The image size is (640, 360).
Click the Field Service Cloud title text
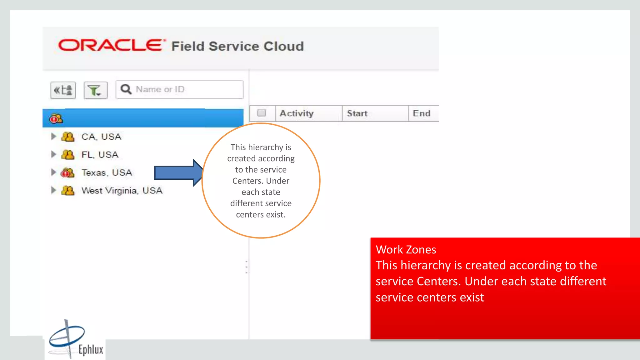coord(237,46)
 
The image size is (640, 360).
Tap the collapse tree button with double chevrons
coord(63,90)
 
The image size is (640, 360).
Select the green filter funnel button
coord(95,90)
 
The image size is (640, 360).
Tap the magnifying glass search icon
coord(126,89)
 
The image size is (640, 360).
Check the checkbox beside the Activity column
coord(262,113)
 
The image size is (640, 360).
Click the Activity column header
coord(297,113)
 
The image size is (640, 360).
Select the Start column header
coord(357,113)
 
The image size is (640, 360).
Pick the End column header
coord(422,113)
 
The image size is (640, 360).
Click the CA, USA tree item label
coord(101,137)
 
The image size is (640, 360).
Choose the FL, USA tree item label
coord(100,155)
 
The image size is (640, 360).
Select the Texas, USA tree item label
coord(107,173)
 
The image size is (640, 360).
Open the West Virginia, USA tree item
coord(122,191)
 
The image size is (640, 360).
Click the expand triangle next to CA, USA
coord(53,137)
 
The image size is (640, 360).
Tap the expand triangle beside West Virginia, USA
coord(53,190)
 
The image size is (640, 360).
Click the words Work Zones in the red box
coord(406,250)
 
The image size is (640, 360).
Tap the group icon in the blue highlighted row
coord(56,119)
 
